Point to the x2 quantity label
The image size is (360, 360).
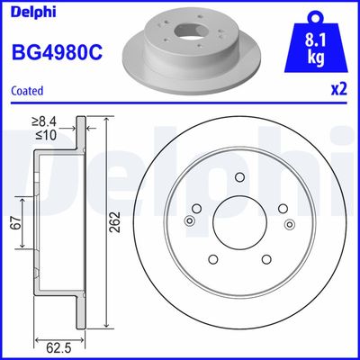[x=339, y=91]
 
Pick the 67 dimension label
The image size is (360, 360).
[x=14, y=223]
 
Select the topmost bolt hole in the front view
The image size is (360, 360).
[x=239, y=179]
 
